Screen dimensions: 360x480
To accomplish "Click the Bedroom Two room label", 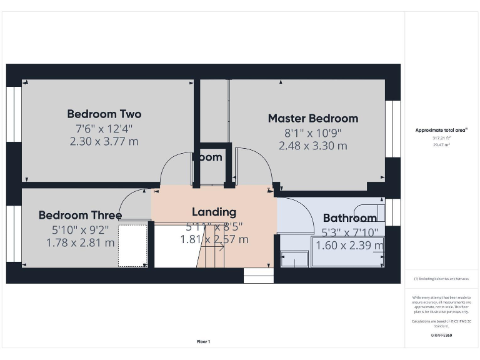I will [x=104, y=114].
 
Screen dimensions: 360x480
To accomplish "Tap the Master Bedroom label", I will [x=312, y=118].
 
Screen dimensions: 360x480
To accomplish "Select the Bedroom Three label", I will [x=80, y=215].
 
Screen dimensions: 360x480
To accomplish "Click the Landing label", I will [x=214, y=212].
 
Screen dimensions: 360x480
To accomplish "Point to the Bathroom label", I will [x=349, y=218].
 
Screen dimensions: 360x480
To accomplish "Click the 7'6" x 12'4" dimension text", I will [x=104, y=129].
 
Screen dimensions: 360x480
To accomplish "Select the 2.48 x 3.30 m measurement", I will [x=312, y=146].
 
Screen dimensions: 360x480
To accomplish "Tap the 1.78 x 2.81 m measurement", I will [x=80, y=242].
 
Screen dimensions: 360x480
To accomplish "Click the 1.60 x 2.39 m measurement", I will [x=349, y=246].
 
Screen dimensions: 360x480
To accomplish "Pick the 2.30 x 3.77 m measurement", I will [x=104, y=142].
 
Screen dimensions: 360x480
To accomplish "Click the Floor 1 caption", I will [x=204, y=341].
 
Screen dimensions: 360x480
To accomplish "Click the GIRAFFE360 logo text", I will [x=441, y=336].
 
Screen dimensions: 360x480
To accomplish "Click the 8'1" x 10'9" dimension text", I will [x=312, y=132].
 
